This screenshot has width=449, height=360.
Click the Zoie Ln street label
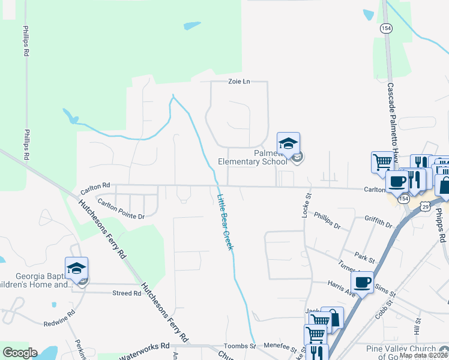coord(238,82)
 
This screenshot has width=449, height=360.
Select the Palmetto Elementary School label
coord(253,157)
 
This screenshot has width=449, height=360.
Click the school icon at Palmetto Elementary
coord(288,143)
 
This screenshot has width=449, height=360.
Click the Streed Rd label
coord(126,293)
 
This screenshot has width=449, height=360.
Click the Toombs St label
coord(240,346)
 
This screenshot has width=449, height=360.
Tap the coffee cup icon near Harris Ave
coord(363,282)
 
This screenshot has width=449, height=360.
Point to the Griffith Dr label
coord(378,221)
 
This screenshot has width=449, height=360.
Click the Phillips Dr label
coord(327,222)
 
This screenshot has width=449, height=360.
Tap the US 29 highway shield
coord(424,206)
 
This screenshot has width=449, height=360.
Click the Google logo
coord(20,353)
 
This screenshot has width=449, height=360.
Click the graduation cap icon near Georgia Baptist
coord(76,268)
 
